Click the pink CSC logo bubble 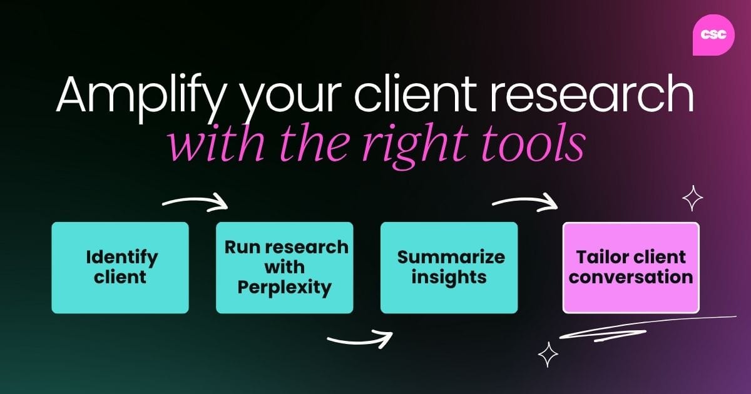pos(713,34)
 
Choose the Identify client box pos(120,267)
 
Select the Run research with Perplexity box pos(284,267)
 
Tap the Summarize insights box pos(449,267)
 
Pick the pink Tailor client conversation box pos(631,267)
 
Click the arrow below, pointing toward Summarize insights pos(360,340)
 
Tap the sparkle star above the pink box pos(692,199)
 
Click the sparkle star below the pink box pos(548,354)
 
